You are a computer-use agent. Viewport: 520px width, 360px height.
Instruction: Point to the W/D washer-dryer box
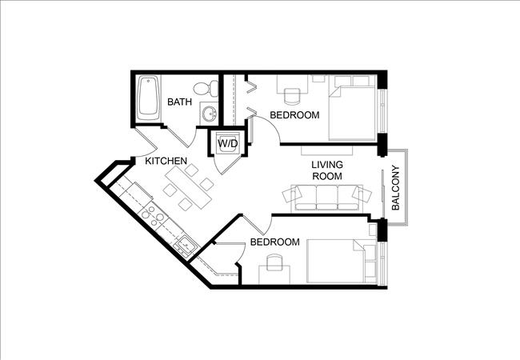click(228, 143)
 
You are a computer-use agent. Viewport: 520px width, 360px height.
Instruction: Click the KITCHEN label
click(166, 161)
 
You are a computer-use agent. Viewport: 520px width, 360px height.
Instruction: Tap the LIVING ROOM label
click(327, 170)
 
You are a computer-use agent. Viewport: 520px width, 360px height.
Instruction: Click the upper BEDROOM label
click(294, 115)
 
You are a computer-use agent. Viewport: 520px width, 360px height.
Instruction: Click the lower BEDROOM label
click(274, 242)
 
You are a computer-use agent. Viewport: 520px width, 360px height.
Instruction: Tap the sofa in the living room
click(327, 197)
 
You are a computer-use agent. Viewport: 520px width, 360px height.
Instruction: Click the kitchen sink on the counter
click(183, 244)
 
